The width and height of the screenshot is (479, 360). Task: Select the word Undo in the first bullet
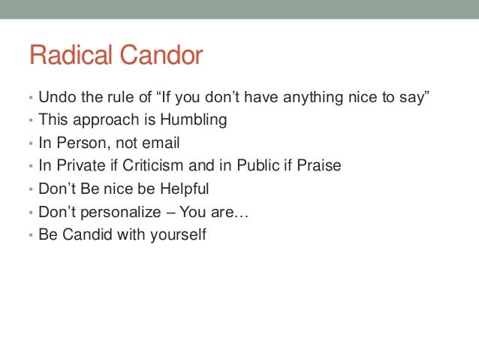tap(54, 98)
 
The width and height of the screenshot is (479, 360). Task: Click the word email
tap(163, 143)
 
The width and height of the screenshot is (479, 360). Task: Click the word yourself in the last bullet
tap(176, 234)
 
